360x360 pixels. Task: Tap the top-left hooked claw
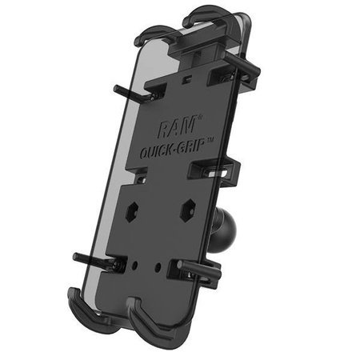(x=152, y=34)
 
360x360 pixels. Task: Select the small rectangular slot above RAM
(x=186, y=80)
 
